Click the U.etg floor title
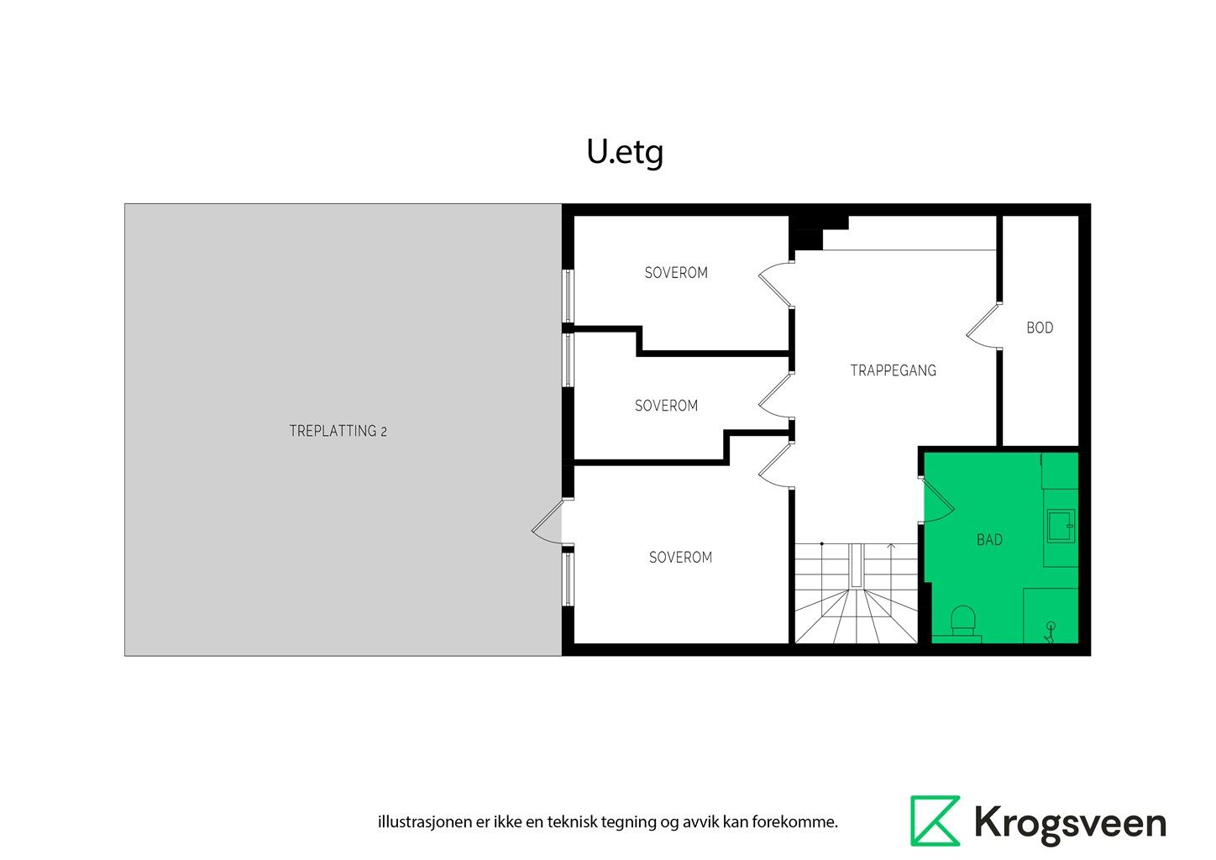click(x=625, y=152)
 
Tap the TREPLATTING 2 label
click(x=338, y=431)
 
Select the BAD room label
click(x=989, y=540)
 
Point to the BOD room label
click(x=1040, y=328)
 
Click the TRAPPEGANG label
click(x=893, y=370)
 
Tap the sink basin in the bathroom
click(x=1060, y=526)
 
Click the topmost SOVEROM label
click(x=676, y=273)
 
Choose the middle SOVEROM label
click(x=666, y=406)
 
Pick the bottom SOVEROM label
click(x=680, y=557)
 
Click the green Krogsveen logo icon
click(x=935, y=821)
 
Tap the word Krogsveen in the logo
click(x=1070, y=823)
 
